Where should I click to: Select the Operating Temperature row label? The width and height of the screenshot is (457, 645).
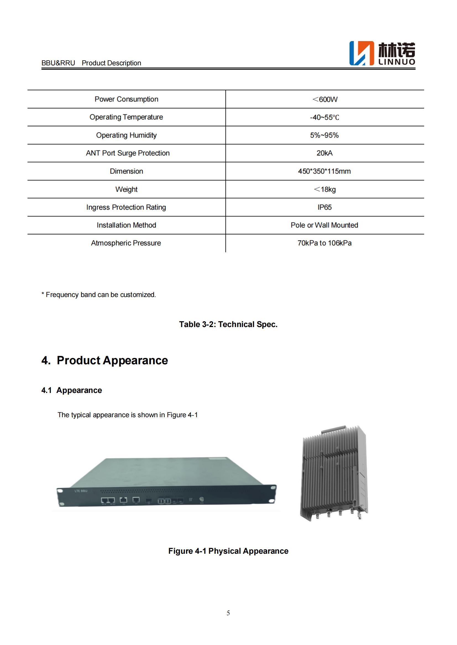[x=126, y=117]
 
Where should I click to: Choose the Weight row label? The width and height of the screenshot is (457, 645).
[x=126, y=189]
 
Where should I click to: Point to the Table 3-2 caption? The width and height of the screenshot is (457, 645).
[x=228, y=325]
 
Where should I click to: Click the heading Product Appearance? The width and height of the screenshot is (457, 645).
[x=112, y=360]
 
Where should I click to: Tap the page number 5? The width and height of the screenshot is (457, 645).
[x=228, y=613]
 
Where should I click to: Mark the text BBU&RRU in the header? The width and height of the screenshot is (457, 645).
[x=58, y=63]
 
